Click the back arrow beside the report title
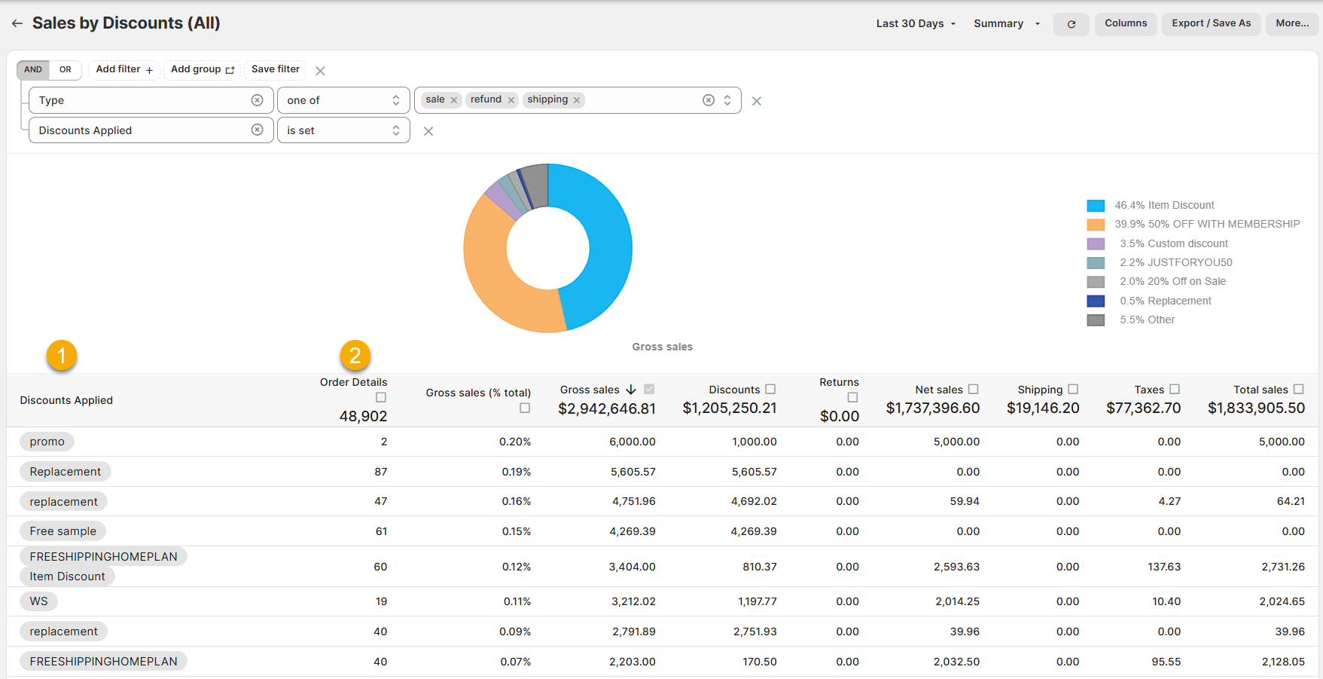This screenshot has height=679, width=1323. (x=17, y=23)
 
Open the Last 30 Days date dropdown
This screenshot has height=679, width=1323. (x=916, y=23)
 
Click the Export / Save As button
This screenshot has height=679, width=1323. (x=1211, y=23)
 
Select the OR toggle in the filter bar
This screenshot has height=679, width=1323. (x=66, y=69)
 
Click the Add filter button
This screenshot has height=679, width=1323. (x=124, y=69)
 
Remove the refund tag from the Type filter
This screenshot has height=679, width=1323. (x=511, y=100)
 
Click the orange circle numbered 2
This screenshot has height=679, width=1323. (x=355, y=356)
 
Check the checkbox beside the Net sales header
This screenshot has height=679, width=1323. (x=973, y=390)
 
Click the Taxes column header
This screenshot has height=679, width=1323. (x=1149, y=390)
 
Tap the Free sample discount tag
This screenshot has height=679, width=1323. (x=63, y=531)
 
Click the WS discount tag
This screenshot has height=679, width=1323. (x=38, y=601)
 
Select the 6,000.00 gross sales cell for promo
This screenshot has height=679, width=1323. (x=632, y=442)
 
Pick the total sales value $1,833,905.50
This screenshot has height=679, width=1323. (x=1256, y=408)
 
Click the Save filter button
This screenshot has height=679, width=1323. (x=275, y=69)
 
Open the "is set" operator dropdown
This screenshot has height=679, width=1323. (x=343, y=130)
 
